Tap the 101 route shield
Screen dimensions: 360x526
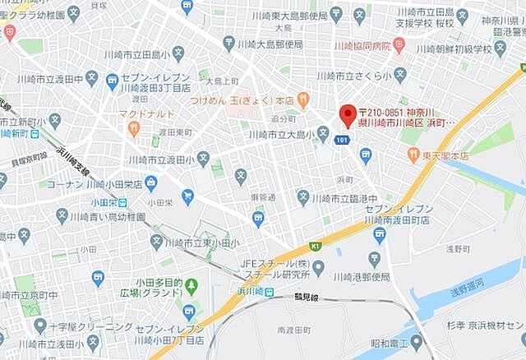pos(341,140)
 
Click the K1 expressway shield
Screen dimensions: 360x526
pos(314,246)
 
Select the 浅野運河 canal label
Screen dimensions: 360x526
pos(491,290)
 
